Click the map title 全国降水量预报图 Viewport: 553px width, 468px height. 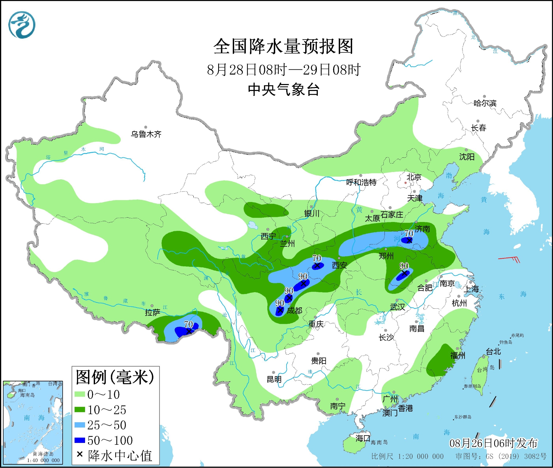(x=283, y=46)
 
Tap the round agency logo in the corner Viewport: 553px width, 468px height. (x=22, y=25)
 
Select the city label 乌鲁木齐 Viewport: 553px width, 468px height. (x=146, y=134)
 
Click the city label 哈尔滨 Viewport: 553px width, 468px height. (x=485, y=103)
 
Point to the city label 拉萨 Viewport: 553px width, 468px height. (x=153, y=312)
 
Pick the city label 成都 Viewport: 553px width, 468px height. (x=294, y=311)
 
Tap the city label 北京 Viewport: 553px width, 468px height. (x=414, y=177)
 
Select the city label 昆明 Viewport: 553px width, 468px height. (x=274, y=379)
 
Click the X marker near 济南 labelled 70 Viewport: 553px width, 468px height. (x=409, y=240)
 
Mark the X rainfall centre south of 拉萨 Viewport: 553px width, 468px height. (x=189, y=331)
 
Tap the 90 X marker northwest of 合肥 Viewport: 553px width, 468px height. (x=404, y=273)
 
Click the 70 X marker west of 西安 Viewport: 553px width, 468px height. (x=317, y=265)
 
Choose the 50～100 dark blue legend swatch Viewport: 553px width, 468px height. (x=80, y=440)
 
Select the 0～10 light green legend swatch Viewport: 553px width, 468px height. (x=80, y=394)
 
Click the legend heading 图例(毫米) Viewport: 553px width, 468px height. (x=115, y=377)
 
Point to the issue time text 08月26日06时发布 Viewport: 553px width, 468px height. (x=493, y=443)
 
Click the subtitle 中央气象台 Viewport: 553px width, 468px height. (x=284, y=90)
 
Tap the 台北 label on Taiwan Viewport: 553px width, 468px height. (x=493, y=351)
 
